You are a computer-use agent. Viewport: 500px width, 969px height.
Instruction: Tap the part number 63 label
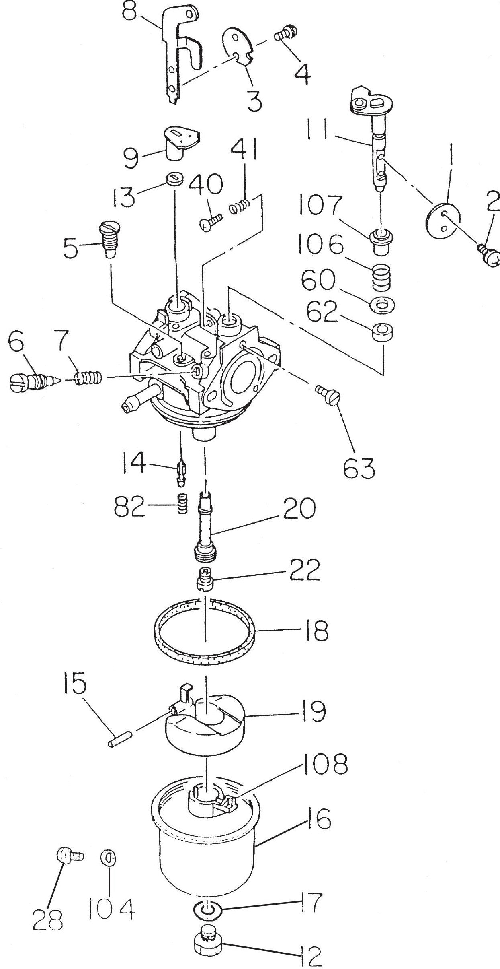[x=359, y=467]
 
